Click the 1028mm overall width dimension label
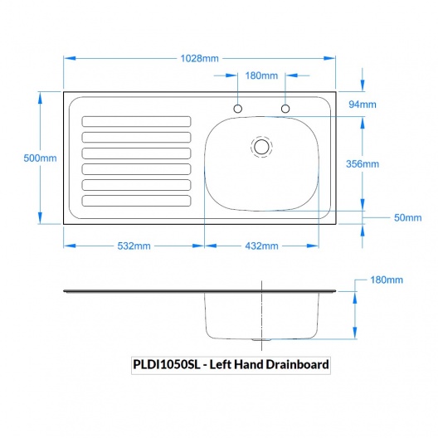[x=199, y=58]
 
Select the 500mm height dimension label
[x=40, y=158]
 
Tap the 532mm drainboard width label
[x=134, y=246]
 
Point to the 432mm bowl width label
[x=262, y=246]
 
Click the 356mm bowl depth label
[x=363, y=163]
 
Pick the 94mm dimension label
[x=363, y=105]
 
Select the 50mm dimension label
[x=408, y=217]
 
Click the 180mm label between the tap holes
[x=261, y=75]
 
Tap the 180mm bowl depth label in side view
[x=387, y=280]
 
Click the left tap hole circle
[x=238, y=109]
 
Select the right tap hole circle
[x=285, y=109]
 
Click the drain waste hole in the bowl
[x=262, y=147]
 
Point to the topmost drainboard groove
[x=136, y=121]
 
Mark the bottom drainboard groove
[x=136, y=201]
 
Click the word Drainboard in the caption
[x=297, y=364]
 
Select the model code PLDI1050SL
[x=167, y=364]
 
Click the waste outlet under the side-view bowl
[x=261, y=339]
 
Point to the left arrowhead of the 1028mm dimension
[x=70, y=58]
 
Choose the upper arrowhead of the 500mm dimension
[x=40, y=99]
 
